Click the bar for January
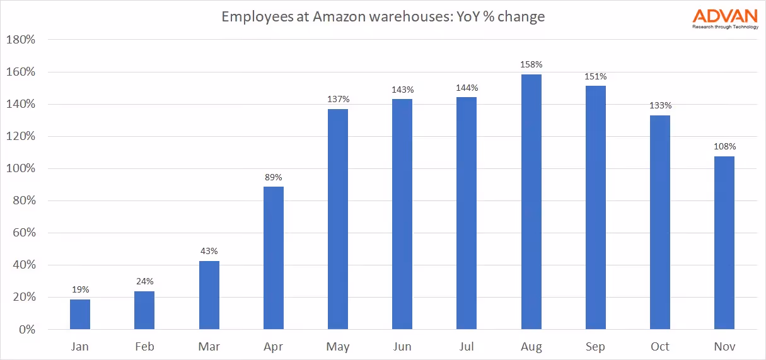pos(80,314)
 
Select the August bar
pos(531,202)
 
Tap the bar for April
pos(273,258)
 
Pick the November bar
pos(724,243)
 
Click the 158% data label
pos(531,64)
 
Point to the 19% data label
pos(80,289)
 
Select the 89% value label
pos(273,177)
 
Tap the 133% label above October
pos(660,105)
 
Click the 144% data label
pos(467,88)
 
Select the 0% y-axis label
pos(26,330)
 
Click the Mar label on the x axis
pos(209,347)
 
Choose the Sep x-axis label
pos(595,347)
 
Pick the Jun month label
pos(402,347)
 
